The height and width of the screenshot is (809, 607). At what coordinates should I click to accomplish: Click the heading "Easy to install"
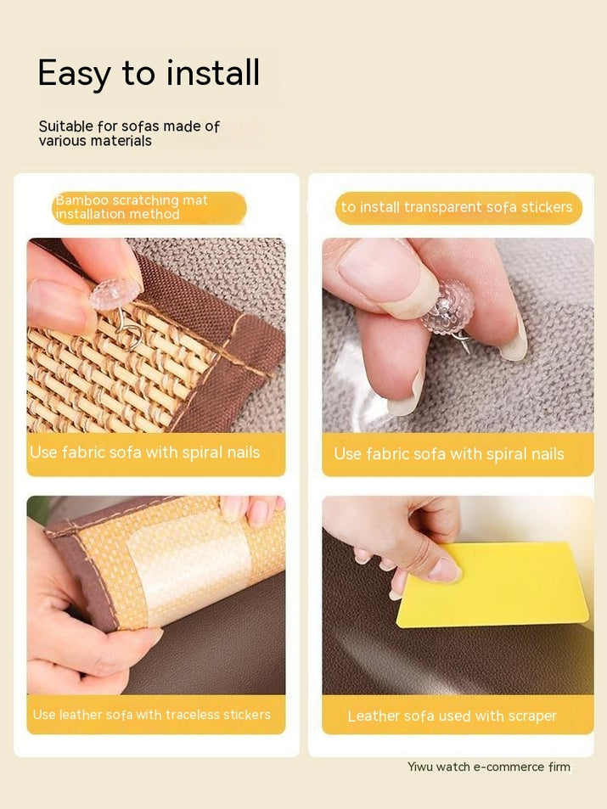click(x=149, y=73)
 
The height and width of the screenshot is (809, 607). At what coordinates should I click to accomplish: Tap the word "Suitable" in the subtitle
click(x=66, y=126)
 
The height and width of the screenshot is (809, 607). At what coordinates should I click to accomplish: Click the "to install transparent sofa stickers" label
click(x=457, y=207)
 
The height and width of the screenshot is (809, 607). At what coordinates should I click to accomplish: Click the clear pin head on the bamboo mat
click(x=114, y=294)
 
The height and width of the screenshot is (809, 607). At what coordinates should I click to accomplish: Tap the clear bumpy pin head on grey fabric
click(x=447, y=306)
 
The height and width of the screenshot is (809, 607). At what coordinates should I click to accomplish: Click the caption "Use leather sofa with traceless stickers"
click(x=152, y=715)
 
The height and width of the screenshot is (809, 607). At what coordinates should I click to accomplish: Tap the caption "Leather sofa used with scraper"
click(x=452, y=716)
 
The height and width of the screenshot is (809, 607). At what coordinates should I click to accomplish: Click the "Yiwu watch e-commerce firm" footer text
click(x=489, y=767)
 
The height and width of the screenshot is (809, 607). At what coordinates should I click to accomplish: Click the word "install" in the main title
click(x=212, y=73)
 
